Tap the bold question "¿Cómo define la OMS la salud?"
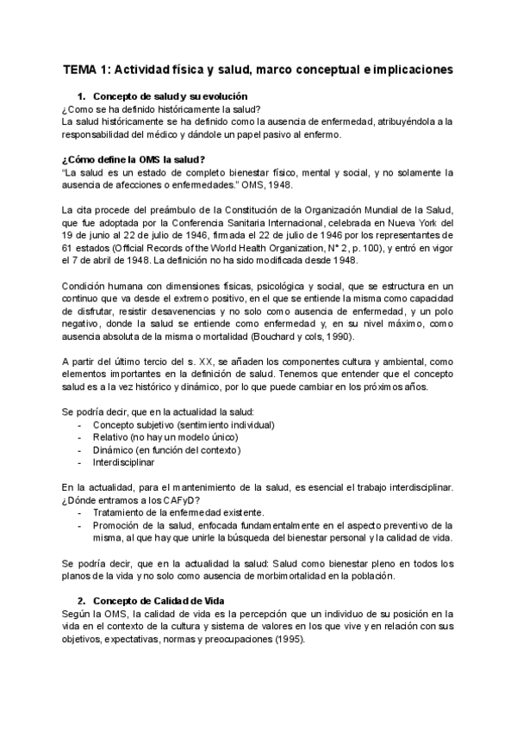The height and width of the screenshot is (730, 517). (134, 159)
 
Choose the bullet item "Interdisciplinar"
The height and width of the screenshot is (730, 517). (124, 462)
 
